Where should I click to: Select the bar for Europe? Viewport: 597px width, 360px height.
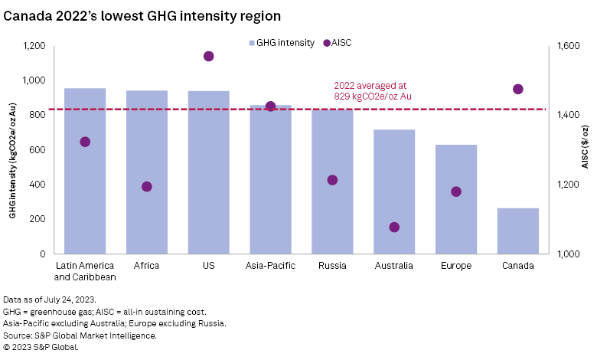(456, 199)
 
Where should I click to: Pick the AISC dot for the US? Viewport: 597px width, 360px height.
(209, 56)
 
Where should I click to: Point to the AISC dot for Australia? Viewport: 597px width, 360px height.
(394, 227)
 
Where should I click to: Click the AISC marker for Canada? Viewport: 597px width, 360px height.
(518, 89)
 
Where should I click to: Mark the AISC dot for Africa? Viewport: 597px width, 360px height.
(147, 187)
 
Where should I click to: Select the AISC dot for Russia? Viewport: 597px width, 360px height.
(332, 180)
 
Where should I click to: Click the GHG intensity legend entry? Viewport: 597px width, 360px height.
(281, 43)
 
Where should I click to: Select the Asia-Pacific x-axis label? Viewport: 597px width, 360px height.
(270, 266)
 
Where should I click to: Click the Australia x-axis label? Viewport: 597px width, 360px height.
(394, 266)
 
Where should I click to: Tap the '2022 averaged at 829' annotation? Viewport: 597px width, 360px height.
(374, 91)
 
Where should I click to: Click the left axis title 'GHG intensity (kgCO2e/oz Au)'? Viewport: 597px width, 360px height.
(13, 149)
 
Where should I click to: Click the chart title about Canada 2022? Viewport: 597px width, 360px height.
(142, 15)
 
